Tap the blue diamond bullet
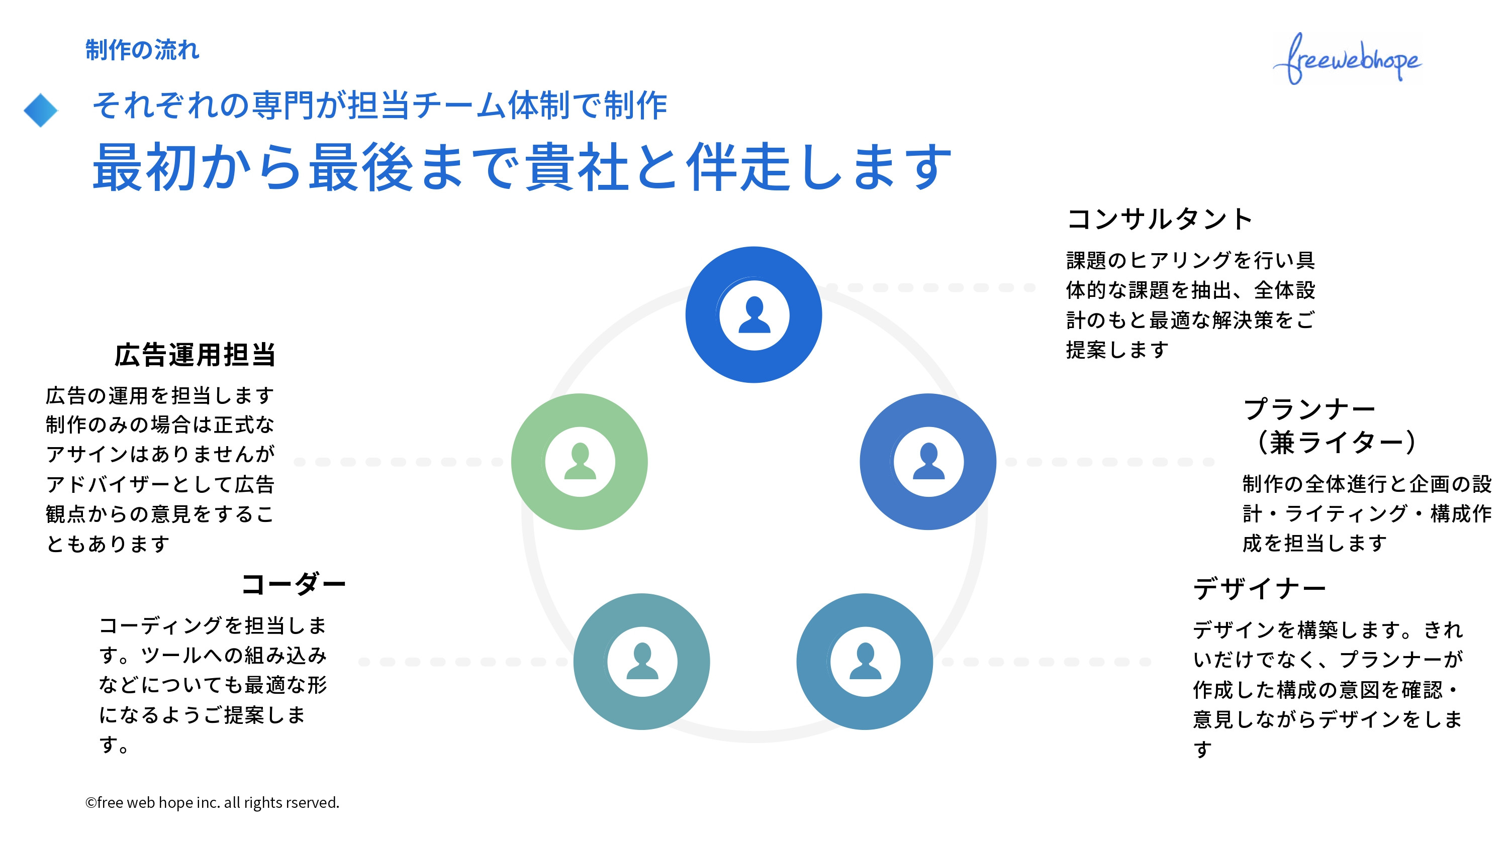(40, 110)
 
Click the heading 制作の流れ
(142, 50)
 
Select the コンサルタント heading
(1159, 219)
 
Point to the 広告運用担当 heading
(195, 355)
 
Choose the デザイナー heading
(1259, 588)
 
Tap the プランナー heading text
(1309, 408)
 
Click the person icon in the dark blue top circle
(754, 315)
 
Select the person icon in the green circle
(580, 462)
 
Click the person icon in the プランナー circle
(928, 462)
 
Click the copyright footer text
(212, 802)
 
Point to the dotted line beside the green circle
(398, 462)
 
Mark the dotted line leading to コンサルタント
(931, 287)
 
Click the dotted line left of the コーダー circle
(462, 662)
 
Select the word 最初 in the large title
(144, 168)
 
